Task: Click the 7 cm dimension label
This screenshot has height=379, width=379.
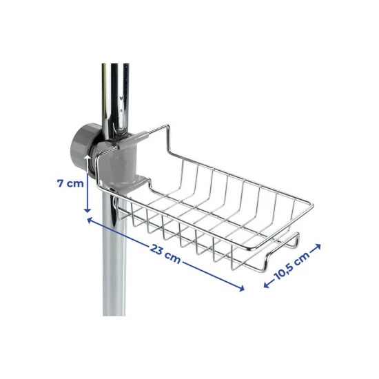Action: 70,183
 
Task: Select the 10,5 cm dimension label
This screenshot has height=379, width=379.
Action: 292,266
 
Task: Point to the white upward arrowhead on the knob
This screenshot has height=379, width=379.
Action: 88,158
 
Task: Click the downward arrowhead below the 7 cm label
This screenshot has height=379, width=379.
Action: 88,210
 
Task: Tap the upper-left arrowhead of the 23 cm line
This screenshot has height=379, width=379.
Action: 90,220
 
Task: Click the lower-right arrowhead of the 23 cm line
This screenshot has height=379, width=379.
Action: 241,289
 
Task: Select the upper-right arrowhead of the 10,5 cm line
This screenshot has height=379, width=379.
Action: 318,247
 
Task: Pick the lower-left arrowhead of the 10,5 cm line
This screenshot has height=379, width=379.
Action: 267,285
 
